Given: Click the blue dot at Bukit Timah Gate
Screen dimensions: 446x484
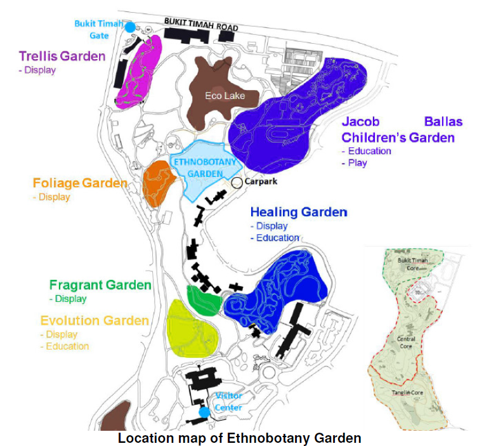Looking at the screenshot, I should point(130,27).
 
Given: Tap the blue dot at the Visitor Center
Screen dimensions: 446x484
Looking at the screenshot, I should point(204,412).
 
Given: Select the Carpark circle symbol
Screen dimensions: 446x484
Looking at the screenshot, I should point(237,183).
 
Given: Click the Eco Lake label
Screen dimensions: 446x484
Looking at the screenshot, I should point(225,96).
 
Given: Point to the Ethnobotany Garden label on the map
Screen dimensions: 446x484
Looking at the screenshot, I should point(204,167).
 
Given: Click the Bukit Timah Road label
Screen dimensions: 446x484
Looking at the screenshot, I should point(201,24).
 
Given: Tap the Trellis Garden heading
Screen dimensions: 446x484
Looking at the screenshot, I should point(62,56).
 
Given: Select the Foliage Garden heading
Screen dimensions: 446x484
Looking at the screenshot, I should point(80,183).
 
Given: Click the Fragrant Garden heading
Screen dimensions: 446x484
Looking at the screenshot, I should point(100,285).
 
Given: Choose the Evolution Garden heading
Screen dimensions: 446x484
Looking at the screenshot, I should point(95,321).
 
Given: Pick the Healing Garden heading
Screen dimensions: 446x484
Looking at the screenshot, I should point(299,212).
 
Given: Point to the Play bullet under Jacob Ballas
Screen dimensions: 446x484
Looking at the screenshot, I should point(357,163).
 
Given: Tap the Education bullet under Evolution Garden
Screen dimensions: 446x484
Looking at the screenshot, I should point(67,346).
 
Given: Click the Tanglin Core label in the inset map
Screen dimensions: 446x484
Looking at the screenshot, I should point(409,393).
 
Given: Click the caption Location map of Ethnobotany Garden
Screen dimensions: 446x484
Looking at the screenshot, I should point(239,438).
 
